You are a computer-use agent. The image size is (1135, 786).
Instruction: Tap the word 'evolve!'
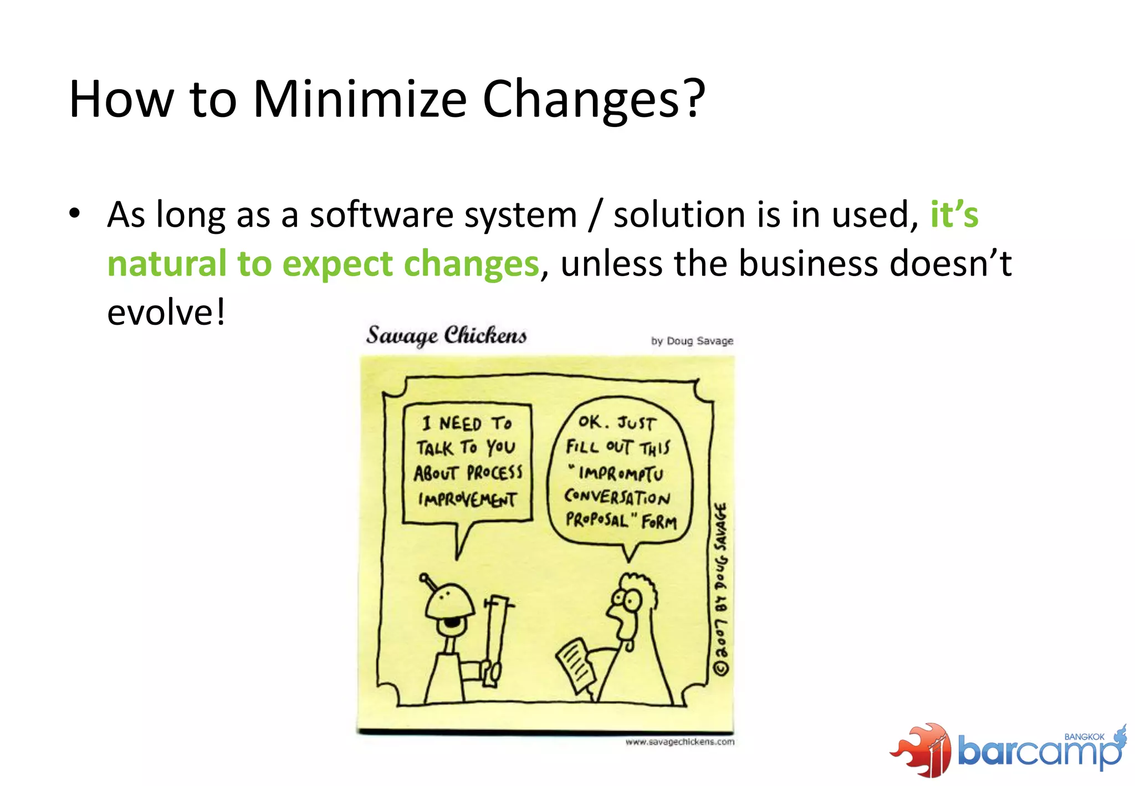click(x=166, y=312)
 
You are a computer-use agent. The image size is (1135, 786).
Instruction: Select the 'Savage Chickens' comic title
click(x=446, y=335)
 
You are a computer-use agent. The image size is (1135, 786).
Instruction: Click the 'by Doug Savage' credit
click(x=692, y=341)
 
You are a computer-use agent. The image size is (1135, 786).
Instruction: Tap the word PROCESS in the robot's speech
click(x=494, y=473)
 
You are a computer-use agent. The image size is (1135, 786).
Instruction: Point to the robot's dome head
click(x=449, y=602)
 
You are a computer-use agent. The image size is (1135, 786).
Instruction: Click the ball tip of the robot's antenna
click(x=424, y=578)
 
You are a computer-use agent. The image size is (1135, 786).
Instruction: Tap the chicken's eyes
click(x=626, y=599)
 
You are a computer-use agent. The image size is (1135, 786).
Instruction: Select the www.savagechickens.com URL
click(x=679, y=742)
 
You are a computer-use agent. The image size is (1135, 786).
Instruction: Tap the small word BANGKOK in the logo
click(x=1084, y=737)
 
